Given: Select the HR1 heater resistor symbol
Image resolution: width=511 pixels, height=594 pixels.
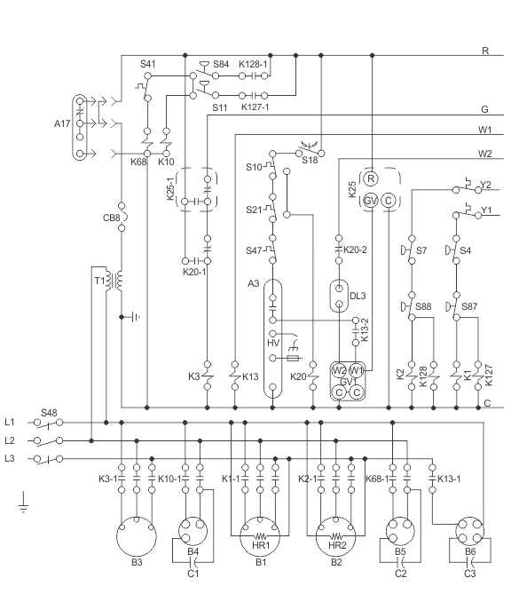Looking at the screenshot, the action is tap(261, 536).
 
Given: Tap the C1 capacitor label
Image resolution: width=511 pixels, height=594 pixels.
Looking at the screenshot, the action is tap(193, 574).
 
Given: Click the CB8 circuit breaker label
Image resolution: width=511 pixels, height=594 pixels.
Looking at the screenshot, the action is tap(111, 218).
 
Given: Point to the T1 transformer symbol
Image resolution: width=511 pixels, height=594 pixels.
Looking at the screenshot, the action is tap(114, 281).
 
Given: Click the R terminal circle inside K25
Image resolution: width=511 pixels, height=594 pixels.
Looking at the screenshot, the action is tap(371, 178).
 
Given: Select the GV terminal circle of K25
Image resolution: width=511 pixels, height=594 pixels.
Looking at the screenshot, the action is tap(371, 201).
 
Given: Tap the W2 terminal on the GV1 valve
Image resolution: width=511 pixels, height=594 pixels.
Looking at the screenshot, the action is tap(339, 370).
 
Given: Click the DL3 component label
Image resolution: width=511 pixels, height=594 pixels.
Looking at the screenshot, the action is tap(358, 296).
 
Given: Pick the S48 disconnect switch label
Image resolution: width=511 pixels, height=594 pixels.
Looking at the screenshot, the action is tap(49, 413).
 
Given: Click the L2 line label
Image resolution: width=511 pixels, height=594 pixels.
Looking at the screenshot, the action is tap(10, 440).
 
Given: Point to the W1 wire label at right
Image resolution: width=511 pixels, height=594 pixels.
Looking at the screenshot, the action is tap(485, 130).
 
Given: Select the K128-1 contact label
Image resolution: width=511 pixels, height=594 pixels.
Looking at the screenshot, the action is tap(253, 64).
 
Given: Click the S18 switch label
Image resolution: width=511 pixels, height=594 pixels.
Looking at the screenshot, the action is tap(310, 160).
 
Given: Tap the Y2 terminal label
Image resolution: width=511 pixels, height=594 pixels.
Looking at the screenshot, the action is tap(485, 185).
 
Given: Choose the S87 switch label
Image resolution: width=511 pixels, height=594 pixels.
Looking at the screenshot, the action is tap(469, 306).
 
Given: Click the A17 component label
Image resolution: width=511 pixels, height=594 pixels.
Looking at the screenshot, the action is tap(62, 123).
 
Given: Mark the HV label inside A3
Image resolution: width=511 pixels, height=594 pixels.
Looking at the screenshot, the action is tap(273, 343).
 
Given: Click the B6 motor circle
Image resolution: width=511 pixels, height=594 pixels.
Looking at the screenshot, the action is tap(469, 532).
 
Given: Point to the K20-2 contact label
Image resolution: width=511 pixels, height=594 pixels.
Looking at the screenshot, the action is tap(355, 249).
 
